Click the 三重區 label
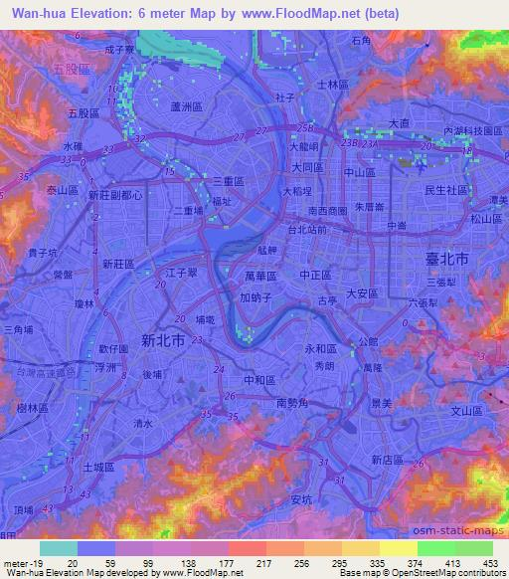(230, 180)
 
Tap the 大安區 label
(363, 292)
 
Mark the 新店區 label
(387, 460)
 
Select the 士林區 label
(332, 86)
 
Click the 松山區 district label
(486, 217)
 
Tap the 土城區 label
(97, 466)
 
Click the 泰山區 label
(62, 189)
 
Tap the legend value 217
(263, 562)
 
